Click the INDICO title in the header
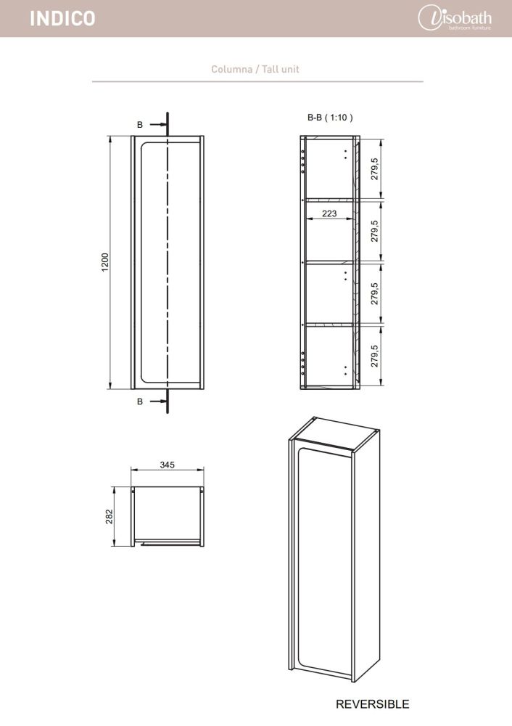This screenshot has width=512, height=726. pos(62,19)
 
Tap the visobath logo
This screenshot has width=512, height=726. pos(455,19)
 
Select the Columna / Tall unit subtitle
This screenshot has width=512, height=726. pos(255,70)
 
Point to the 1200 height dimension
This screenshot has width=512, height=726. pos(105,262)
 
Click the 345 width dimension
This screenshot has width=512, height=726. pos(167,465)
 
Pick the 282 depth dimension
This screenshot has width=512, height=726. pos(110,517)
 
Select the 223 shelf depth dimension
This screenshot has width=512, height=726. pos(329,213)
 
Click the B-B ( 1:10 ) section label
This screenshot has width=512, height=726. pos(330,118)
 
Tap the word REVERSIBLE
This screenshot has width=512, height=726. pos(372,704)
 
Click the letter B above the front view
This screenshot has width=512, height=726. pos(140,125)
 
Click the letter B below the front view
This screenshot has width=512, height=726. pos(140,401)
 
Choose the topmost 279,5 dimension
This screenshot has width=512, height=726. pos(374,168)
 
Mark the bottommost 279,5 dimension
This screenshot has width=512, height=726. pos(374,356)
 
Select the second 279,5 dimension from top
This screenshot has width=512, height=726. pos(374,231)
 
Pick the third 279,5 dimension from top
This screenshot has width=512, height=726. pos(374,293)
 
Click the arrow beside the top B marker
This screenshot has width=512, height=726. pos(157,125)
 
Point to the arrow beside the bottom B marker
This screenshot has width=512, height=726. pos(157,401)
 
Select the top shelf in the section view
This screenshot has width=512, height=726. pos(329,200)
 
